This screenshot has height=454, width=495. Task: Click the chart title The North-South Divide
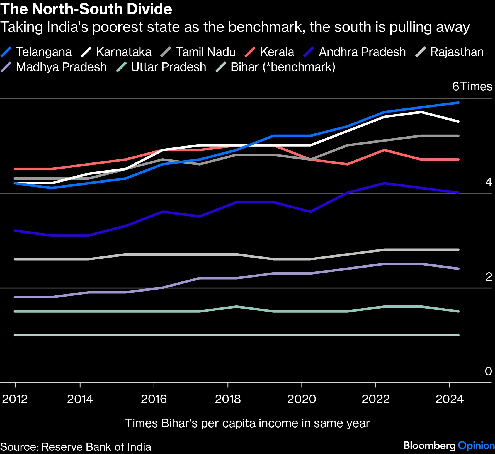(x=86, y=9)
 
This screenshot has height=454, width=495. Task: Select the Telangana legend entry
(x=36, y=52)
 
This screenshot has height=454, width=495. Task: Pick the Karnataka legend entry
(x=116, y=52)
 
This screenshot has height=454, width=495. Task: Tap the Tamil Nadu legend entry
(x=198, y=52)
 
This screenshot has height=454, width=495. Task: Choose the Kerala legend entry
(x=270, y=52)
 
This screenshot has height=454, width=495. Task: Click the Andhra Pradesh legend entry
(x=355, y=52)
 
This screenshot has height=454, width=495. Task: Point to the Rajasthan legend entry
(x=449, y=52)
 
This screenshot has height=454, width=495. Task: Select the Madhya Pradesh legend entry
(x=54, y=67)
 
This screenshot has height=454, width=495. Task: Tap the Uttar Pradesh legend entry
(x=161, y=67)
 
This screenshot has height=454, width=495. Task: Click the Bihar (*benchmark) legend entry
(x=275, y=67)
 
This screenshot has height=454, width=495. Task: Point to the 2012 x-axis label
(x=15, y=399)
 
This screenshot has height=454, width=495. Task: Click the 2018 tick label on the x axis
(x=228, y=399)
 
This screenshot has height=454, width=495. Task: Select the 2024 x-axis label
(x=450, y=399)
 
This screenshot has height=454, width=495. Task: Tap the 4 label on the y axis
(x=489, y=182)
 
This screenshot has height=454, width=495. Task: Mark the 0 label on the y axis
(x=488, y=371)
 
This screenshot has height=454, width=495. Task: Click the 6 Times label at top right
(x=472, y=86)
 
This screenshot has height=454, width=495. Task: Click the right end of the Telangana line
(x=458, y=103)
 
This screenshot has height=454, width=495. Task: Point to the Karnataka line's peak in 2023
(x=421, y=112)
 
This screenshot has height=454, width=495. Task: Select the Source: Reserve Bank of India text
(x=76, y=447)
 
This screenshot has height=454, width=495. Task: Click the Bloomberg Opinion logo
(x=449, y=446)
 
